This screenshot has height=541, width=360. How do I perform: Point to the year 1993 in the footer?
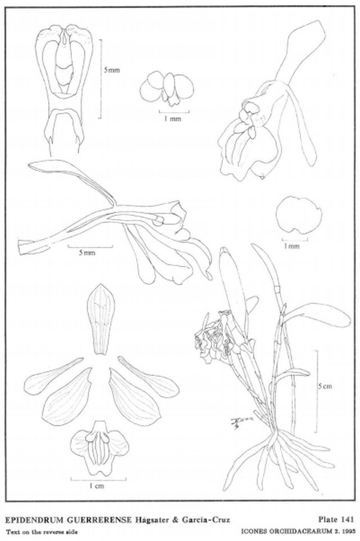click(347, 531)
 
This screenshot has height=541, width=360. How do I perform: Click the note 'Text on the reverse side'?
click(42, 531)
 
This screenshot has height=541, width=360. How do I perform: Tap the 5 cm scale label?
click(325, 386)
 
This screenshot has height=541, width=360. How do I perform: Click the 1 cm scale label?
click(97, 486)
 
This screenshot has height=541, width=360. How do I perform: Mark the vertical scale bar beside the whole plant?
click(316, 391)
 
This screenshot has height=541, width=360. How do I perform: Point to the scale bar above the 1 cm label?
click(98, 479)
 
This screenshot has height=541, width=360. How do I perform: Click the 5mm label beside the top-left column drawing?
click(112, 70)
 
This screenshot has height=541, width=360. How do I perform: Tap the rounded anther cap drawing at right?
click(299, 214)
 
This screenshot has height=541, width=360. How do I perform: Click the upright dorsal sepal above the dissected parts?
click(101, 319)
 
